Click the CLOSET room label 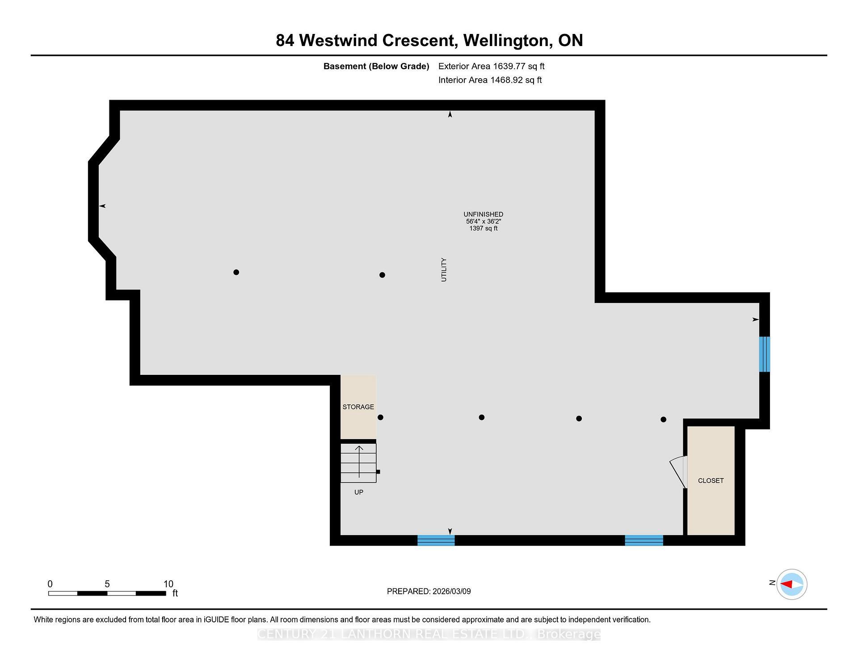click(711, 481)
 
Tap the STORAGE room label click(358, 407)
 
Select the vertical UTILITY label click(444, 269)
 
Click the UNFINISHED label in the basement click(483, 214)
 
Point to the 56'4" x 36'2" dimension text click(484, 222)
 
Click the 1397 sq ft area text click(484, 228)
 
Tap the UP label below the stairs click(359, 492)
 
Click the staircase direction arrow click(359, 461)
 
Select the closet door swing click(677, 471)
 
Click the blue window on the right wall click(765, 354)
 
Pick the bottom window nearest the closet click(644, 541)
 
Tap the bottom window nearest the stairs click(436, 541)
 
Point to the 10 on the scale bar click(168, 584)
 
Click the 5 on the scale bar click(107, 584)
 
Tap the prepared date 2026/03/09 click(452, 592)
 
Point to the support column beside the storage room click(381, 417)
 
